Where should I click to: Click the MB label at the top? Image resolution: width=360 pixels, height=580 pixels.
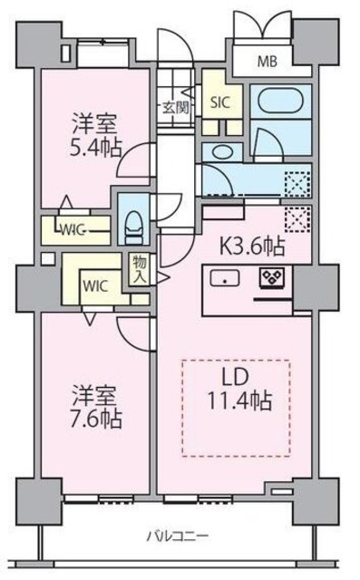(268, 63)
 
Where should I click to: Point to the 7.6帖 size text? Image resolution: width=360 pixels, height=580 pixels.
(96, 420)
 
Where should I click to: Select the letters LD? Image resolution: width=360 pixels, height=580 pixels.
(238, 375)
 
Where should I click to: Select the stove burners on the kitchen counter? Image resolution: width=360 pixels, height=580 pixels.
(270, 278)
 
